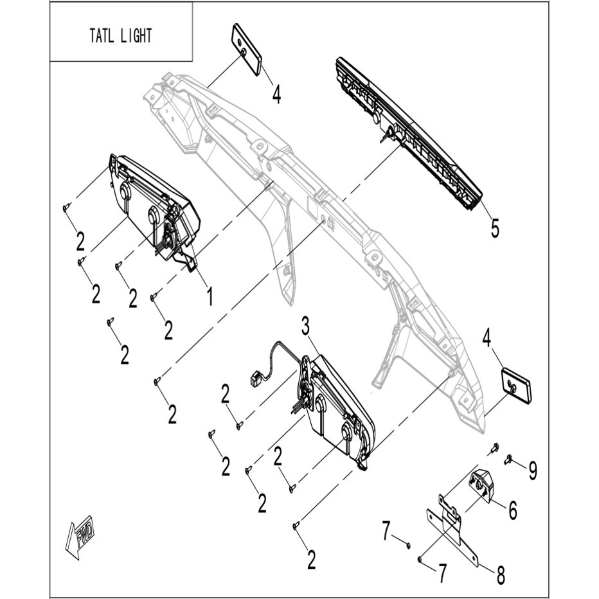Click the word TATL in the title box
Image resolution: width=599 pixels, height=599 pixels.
[x=102, y=36]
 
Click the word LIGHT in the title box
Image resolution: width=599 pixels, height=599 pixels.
[x=136, y=36]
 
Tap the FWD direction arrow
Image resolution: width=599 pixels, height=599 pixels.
[x=80, y=537]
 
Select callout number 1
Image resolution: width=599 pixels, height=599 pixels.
[x=210, y=296]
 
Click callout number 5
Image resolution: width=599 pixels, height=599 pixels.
[x=495, y=228]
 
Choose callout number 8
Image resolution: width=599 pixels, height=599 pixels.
[x=501, y=575]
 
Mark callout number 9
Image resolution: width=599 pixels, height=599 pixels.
[x=533, y=470]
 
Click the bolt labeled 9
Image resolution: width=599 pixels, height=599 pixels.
[x=508, y=460]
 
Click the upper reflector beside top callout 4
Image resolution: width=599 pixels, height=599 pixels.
[x=246, y=49]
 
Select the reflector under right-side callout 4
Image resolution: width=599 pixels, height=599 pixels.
[x=515, y=385]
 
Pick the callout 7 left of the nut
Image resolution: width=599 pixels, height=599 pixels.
[x=386, y=532]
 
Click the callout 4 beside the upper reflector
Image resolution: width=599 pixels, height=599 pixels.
[x=276, y=94]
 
